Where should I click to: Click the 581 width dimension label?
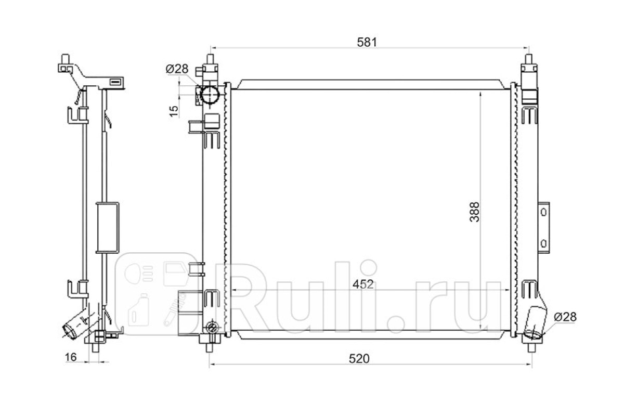click(x=367, y=42)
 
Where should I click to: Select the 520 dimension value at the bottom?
click(x=359, y=359)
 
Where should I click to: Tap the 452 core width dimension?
click(x=363, y=284)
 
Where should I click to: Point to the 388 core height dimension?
click(x=475, y=212)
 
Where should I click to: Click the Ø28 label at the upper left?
click(x=177, y=69)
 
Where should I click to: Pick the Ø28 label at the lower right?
click(x=565, y=317)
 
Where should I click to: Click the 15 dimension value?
click(x=174, y=111)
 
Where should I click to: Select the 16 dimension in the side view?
click(x=71, y=357)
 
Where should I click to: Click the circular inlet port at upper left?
click(x=210, y=95)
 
